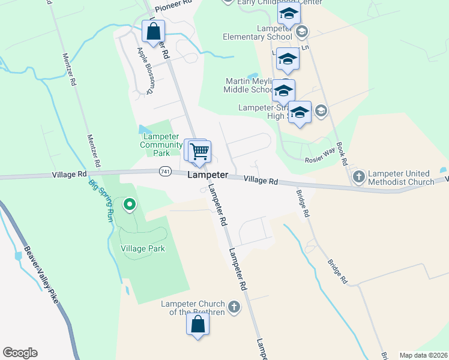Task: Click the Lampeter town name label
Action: (x=208, y=175)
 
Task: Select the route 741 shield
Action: (x=165, y=172)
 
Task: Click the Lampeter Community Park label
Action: (x=161, y=145)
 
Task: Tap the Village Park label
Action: (x=143, y=248)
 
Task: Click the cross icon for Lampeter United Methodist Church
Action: (x=358, y=177)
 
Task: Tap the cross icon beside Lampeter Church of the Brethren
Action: (x=235, y=308)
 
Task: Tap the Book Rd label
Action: (x=343, y=154)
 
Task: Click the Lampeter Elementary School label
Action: (x=265, y=32)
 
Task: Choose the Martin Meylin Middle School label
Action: (x=249, y=85)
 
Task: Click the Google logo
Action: (x=20, y=353)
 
